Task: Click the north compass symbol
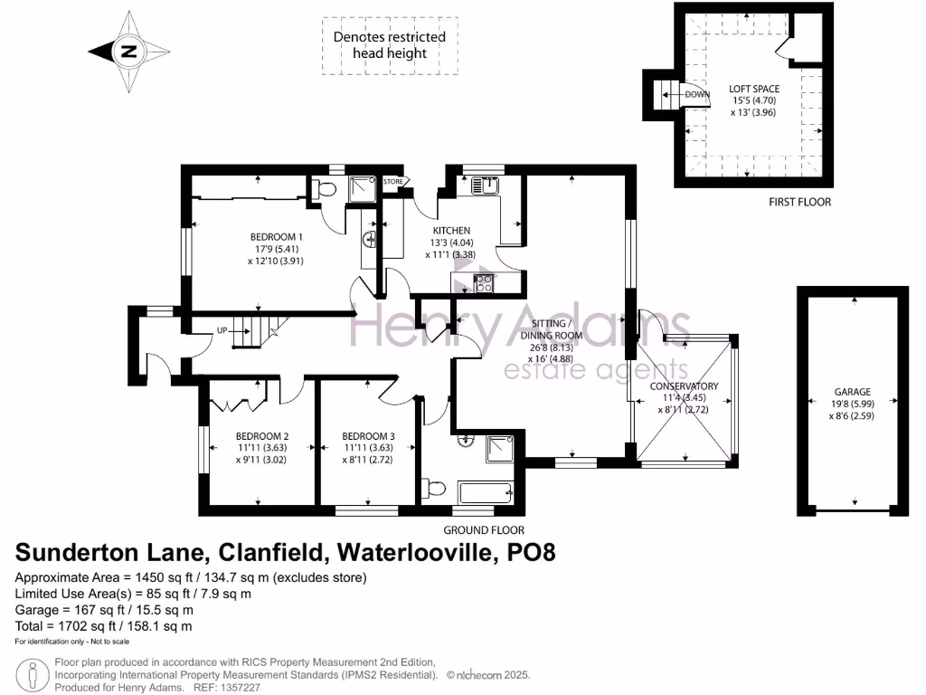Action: coord(128,52)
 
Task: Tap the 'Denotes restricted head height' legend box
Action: coord(390,45)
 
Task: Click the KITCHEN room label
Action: coord(449,231)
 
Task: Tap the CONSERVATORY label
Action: coord(685,386)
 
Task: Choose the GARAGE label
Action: coord(852,392)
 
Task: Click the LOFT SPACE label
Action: coord(754,89)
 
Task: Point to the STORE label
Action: coord(393,182)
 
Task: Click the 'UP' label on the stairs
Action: coord(221,330)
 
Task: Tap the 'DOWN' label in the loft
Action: coord(697,94)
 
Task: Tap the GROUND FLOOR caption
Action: coord(483,530)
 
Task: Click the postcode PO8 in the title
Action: coord(527,553)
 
